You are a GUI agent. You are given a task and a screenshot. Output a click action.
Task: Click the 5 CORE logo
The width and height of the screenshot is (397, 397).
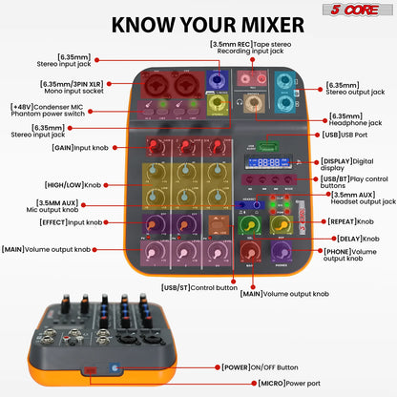point(364,10)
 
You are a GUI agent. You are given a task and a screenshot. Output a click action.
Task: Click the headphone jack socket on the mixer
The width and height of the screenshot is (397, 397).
point(254,100)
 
